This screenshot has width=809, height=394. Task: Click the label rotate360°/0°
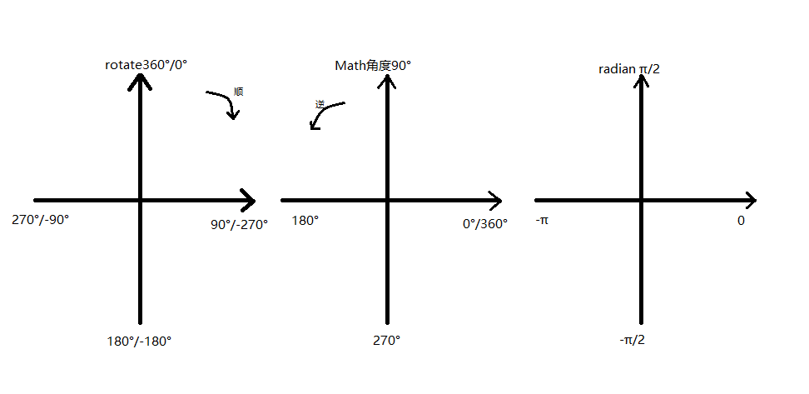click(146, 64)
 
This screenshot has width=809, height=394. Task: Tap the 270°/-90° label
click(41, 221)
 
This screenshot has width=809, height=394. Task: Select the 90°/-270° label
click(240, 224)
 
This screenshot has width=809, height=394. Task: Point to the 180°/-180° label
click(139, 341)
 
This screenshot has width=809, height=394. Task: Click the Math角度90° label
click(373, 65)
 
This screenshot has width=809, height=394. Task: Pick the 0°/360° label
click(485, 223)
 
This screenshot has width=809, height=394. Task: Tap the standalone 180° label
click(305, 221)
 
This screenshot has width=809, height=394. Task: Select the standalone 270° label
click(386, 341)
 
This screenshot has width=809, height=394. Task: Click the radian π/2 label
click(629, 68)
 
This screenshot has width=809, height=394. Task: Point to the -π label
click(542, 221)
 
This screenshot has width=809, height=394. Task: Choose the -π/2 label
click(632, 341)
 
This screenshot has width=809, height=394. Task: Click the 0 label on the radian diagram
click(741, 221)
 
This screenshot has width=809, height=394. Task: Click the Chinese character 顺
click(239, 91)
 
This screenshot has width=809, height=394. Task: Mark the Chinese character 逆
click(320, 104)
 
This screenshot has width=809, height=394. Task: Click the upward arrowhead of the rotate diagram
click(140, 82)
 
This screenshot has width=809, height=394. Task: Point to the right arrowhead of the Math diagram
click(494, 201)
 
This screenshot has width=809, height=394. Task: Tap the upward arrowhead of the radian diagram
click(642, 82)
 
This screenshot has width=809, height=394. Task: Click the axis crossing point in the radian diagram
click(642, 201)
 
